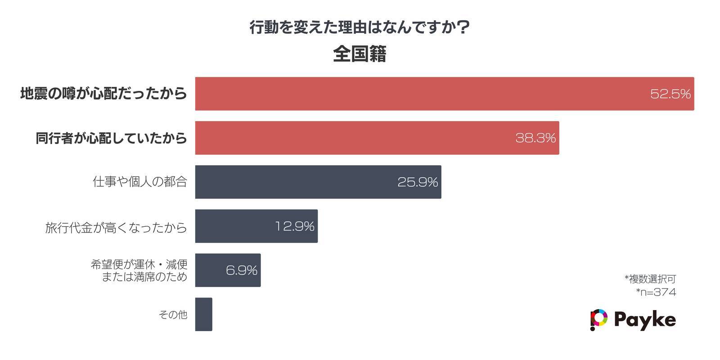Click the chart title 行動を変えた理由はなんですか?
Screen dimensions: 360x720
coord(360,28)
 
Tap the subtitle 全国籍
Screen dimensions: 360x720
coord(360,54)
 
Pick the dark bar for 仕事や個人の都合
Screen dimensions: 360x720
coord(292,182)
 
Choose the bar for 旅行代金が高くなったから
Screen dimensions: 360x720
coord(234,226)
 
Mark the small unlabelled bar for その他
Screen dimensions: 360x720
coord(203,314)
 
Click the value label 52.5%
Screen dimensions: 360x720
coord(670,94)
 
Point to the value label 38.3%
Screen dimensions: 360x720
coord(535,138)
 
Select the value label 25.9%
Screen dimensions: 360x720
coord(418,182)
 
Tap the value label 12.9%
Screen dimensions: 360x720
coord(295,226)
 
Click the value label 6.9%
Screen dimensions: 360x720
coord(242,270)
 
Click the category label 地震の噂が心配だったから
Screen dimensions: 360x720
coord(103,94)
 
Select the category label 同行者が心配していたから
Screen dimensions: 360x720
coord(111,138)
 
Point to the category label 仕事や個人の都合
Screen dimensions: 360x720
coord(139,182)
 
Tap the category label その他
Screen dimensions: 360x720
coord(173,314)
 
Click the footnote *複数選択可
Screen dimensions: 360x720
coord(650,279)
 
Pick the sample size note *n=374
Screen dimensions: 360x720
coord(656,292)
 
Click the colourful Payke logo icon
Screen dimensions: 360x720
coord(598,319)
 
